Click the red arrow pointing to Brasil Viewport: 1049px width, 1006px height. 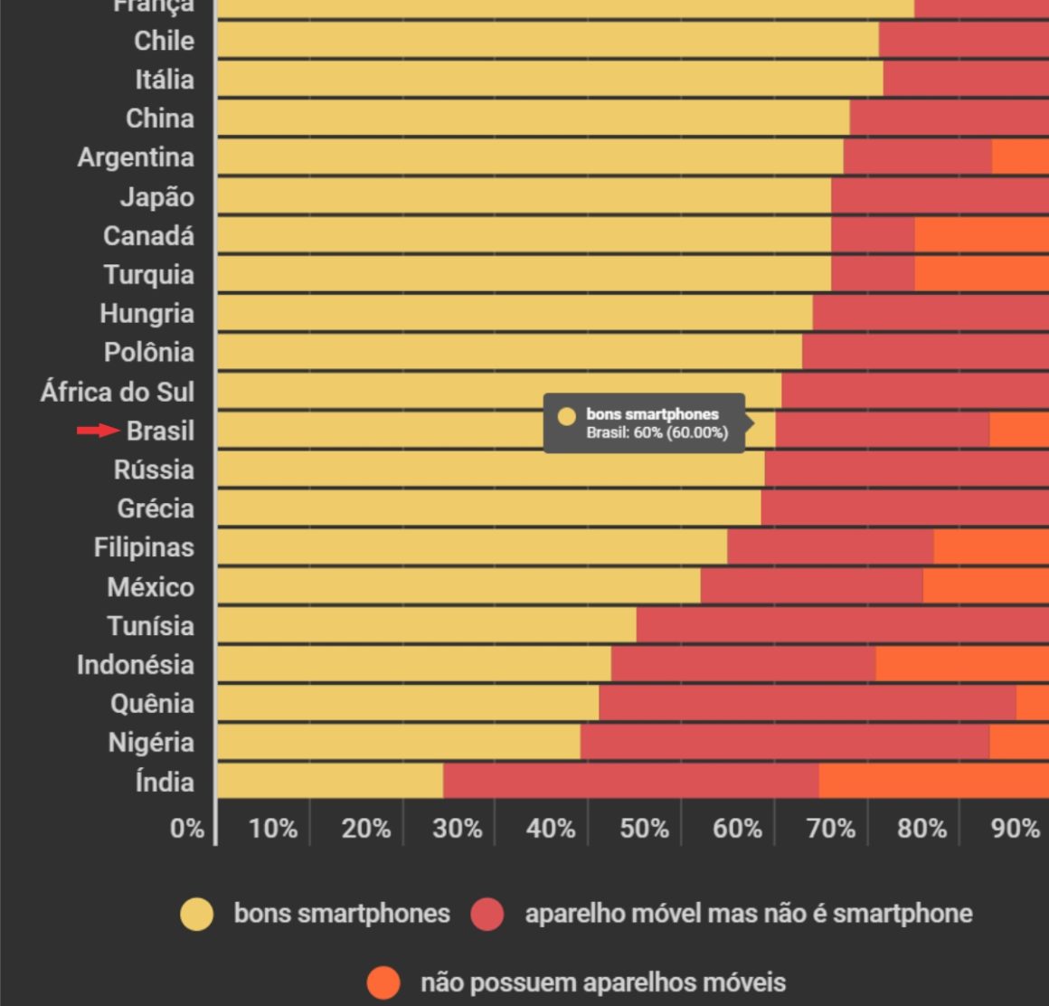pyautogui.click(x=98, y=431)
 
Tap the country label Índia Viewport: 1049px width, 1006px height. pyautogui.click(x=164, y=781)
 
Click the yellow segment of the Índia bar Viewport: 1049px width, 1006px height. pyautogui.click(x=330, y=781)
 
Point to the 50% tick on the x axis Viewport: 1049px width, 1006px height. pyautogui.click(x=644, y=828)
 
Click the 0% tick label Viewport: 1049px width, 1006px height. pyautogui.click(x=187, y=828)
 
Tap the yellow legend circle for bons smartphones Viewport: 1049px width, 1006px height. pyautogui.click(x=197, y=914)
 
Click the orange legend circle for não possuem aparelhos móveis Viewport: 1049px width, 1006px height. pyautogui.click(x=383, y=982)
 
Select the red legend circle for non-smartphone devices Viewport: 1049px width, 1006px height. pyautogui.click(x=487, y=914)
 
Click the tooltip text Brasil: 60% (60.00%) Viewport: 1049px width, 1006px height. pyautogui.click(x=657, y=432)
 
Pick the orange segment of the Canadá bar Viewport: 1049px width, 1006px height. pyautogui.click(x=981, y=235)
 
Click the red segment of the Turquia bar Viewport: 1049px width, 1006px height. pyautogui.click(x=873, y=274)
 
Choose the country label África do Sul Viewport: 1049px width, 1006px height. pyautogui.click(x=118, y=392)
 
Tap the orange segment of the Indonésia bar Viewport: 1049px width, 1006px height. pyautogui.click(x=962, y=664)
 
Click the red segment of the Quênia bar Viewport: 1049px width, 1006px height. pyautogui.click(x=807, y=703)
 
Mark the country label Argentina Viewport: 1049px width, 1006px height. pyautogui.click(x=136, y=157)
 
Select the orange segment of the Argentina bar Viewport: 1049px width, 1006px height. pyautogui.click(x=1020, y=157)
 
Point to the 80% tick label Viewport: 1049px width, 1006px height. pyautogui.click(x=921, y=828)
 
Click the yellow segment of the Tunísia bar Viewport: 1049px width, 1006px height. pyautogui.click(x=426, y=625)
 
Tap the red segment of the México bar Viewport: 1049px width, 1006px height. pyautogui.click(x=811, y=586)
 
